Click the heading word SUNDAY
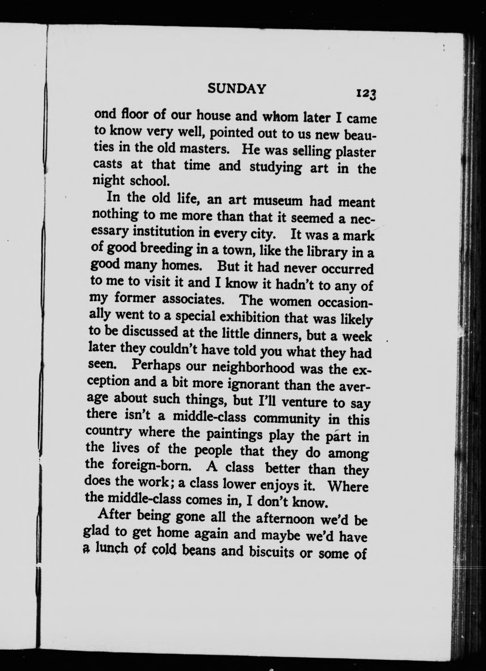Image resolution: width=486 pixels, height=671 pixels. tap(237, 88)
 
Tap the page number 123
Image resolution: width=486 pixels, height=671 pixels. tap(366, 94)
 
